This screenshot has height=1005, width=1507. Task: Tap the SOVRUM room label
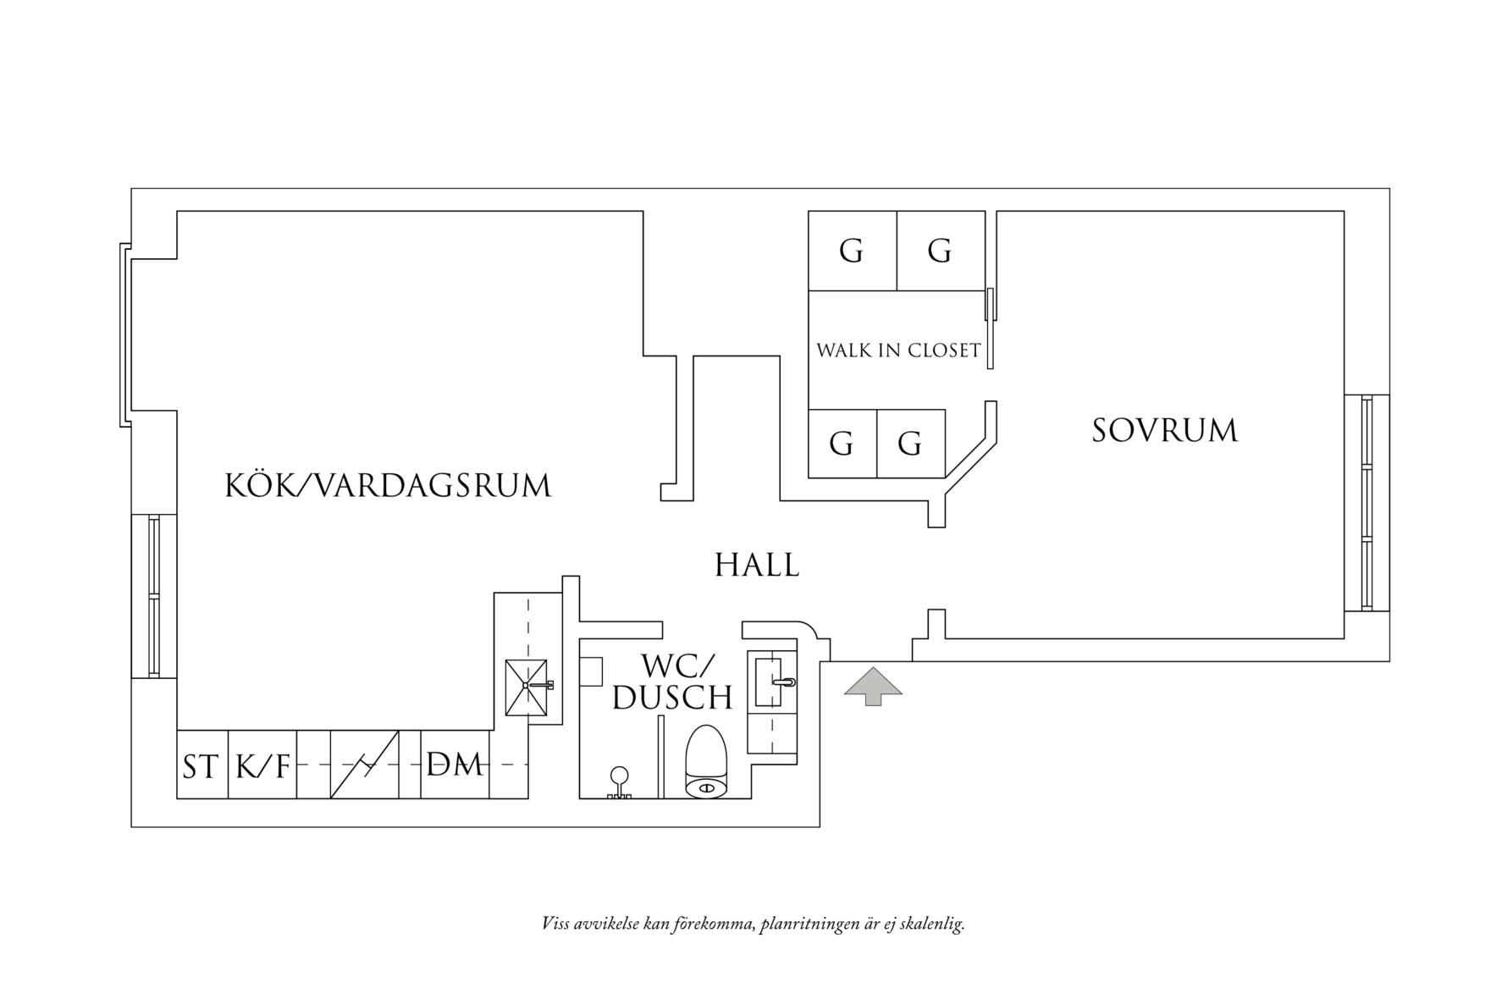1164,431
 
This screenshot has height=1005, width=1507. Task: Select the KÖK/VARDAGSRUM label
388,486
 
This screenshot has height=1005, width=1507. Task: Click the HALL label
757,566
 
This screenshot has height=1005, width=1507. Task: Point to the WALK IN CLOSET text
897,351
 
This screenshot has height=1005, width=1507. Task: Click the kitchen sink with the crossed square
526,687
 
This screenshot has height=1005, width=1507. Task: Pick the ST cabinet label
201,766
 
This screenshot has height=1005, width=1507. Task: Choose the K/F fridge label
262,766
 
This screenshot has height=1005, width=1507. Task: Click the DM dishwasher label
455,765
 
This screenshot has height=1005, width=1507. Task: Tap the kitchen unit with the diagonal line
364,765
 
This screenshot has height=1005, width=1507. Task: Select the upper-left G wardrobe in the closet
852,251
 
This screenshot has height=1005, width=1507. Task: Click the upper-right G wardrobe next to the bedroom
940,251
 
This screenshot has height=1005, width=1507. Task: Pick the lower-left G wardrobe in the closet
842,444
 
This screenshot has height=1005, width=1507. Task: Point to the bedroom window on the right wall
1366,503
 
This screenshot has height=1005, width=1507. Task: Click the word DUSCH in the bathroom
672,698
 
